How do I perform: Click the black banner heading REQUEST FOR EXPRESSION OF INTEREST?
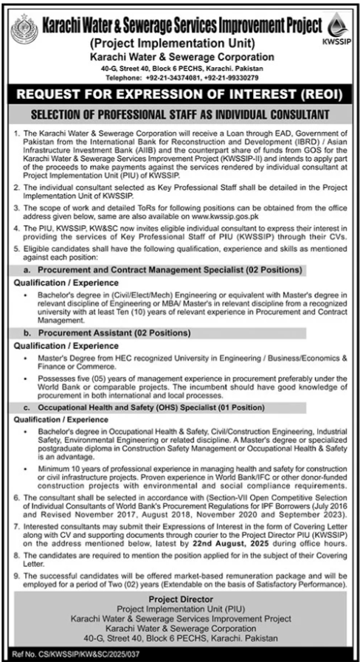(x=180, y=94)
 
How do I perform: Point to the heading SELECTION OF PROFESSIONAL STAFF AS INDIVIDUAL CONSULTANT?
(x=180, y=116)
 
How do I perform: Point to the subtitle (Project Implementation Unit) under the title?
(x=181, y=44)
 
